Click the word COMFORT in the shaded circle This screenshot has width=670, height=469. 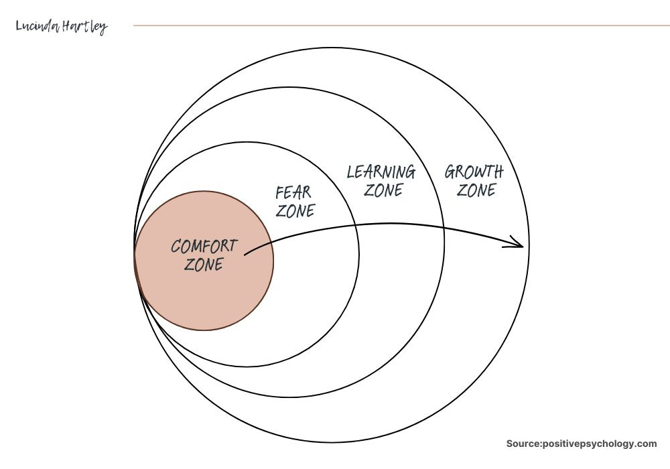tap(204, 246)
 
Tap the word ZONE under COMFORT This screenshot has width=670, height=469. tap(204, 264)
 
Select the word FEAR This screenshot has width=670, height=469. tap(293, 193)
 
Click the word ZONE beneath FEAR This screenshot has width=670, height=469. tap(295, 211)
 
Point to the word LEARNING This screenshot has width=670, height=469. tap(381, 172)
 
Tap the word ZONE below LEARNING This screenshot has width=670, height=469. tap(383, 190)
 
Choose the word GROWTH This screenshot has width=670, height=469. tap(474, 172)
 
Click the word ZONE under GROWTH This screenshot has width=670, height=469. tap(476, 190)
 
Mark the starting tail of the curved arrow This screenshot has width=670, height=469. tap(246, 254)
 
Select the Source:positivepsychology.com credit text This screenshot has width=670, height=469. tap(582, 444)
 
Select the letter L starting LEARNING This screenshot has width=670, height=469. tap(350, 172)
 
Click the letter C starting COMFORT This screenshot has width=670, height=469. tap(176, 247)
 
